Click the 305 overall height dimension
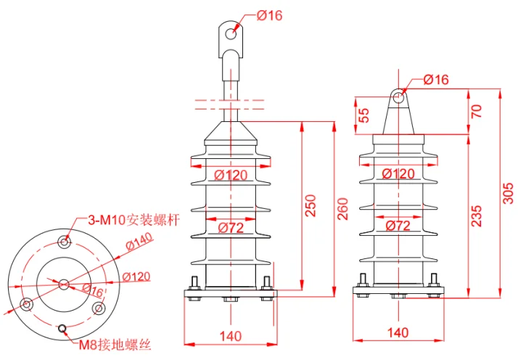pyautogui.click(x=508, y=193)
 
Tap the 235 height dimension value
pyautogui.click(x=477, y=216)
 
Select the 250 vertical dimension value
pyautogui.click(x=311, y=205)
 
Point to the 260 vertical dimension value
pyautogui.click(x=343, y=209)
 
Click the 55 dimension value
pyautogui.click(x=363, y=115)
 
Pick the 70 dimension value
pyautogui.click(x=477, y=111)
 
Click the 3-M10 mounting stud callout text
pyautogui.click(x=133, y=220)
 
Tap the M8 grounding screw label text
pyautogui.click(x=115, y=345)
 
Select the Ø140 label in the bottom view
pyautogui.click(x=139, y=241)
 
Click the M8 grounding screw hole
pyautogui.click(x=62, y=328)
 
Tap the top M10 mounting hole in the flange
pyautogui.click(x=65, y=242)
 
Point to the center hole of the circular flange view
pyautogui.click(x=64, y=285)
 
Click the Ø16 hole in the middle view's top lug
pyautogui.click(x=231, y=33)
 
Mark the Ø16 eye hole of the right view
pyautogui.click(x=398, y=97)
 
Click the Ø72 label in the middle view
pyautogui.click(x=231, y=228)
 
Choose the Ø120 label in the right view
pyautogui.click(x=398, y=174)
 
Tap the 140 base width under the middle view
pyautogui.click(x=231, y=336)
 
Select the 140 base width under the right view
pyautogui.click(x=398, y=332)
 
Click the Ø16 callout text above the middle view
pyautogui.click(x=270, y=15)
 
